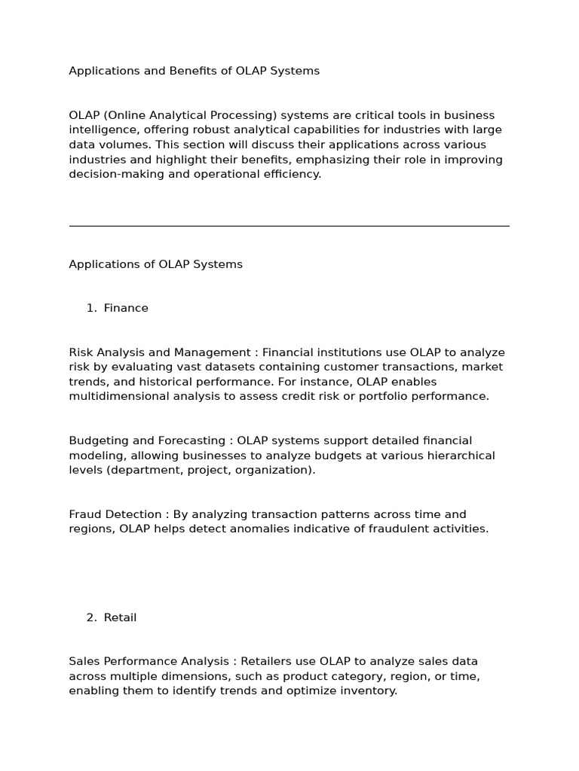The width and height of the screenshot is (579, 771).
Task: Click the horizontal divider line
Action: tap(289, 225)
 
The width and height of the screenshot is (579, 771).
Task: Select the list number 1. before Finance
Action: tap(91, 308)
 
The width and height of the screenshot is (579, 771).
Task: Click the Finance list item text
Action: tap(126, 308)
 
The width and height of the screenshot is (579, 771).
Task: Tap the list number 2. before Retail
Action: tap(91, 617)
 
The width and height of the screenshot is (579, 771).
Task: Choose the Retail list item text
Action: tap(121, 617)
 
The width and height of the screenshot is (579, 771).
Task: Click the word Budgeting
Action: tap(98, 440)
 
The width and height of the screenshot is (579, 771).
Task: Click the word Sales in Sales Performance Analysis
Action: tap(84, 661)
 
